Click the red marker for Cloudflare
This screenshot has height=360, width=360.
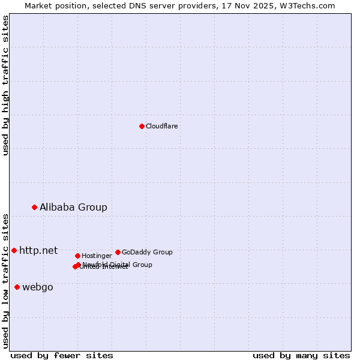click(142, 126)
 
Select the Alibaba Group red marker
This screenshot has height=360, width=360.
click(34, 207)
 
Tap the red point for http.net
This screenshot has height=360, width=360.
click(14, 250)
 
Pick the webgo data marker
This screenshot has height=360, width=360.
click(17, 287)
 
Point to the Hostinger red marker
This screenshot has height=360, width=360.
click(77, 256)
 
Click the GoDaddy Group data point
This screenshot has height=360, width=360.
click(118, 252)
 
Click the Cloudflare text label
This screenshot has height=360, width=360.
click(161, 126)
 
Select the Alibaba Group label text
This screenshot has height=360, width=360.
click(73, 207)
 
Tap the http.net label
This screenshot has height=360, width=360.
click(38, 250)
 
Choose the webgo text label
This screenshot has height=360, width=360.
click(37, 287)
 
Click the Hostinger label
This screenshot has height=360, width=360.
click(97, 256)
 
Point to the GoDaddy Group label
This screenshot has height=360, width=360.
click(147, 252)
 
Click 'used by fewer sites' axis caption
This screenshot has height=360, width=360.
click(62, 355)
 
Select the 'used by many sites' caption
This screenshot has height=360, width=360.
click(301, 355)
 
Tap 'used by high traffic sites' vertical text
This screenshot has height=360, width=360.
click(5, 85)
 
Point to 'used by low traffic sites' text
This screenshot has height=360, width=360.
click(5, 281)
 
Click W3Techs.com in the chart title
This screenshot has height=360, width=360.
click(309, 5)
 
